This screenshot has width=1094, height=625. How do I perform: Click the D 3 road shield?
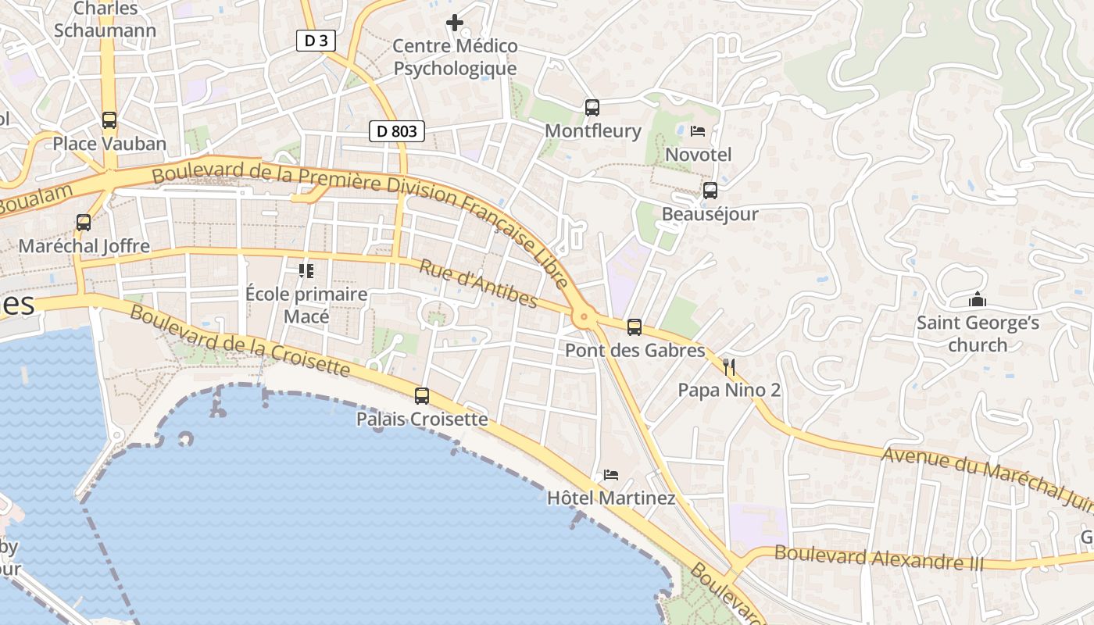[316, 41]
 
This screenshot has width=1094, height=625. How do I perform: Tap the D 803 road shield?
[396, 131]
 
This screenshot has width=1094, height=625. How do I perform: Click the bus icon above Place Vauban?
[109, 120]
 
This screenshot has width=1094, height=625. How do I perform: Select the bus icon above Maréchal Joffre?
[84, 223]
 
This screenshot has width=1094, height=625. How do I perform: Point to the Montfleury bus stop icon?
[592, 108]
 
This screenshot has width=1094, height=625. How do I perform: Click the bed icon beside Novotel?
[698, 131]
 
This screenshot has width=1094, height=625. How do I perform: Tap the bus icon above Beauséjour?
[710, 190]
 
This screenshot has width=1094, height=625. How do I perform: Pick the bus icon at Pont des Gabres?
[635, 327]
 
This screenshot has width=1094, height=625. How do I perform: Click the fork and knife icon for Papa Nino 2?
[729, 366]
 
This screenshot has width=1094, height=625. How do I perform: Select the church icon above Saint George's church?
[978, 299]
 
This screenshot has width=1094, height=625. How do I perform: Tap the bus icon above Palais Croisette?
[422, 396]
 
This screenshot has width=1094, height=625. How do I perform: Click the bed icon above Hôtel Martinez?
[611, 474]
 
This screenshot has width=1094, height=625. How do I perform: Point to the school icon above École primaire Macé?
[306, 271]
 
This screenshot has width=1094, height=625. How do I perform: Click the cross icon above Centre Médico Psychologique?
[454, 23]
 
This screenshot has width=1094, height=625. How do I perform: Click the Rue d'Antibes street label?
[478, 284]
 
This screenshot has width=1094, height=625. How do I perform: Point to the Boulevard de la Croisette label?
[238, 341]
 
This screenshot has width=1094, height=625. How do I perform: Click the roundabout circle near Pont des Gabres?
[583, 317]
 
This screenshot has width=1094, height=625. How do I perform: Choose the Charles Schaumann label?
[105, 20]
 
